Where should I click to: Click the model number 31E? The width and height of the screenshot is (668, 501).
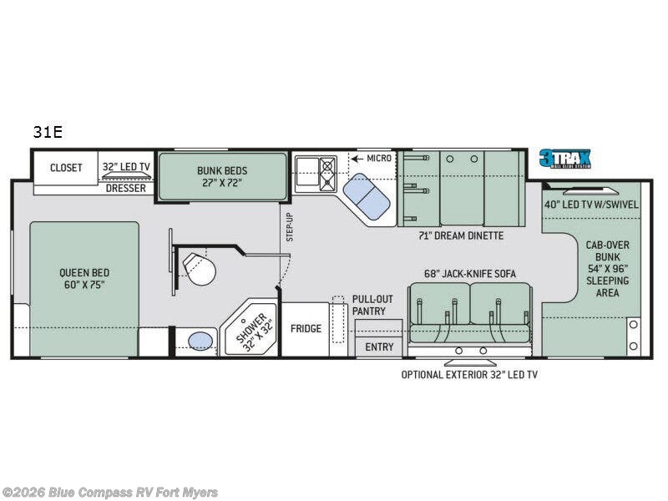[48, 132]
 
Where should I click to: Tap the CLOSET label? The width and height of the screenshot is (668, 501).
[66, 168]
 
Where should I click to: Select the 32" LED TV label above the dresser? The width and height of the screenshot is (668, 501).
[126, 167]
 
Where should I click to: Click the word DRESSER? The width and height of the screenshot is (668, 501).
[126, 188]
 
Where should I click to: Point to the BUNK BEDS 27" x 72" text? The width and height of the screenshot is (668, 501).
[222, 176]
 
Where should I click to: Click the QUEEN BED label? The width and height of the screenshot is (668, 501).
[83, 278]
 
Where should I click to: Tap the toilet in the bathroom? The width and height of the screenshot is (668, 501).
[198, 267]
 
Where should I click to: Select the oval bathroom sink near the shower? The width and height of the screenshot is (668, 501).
[200, 341]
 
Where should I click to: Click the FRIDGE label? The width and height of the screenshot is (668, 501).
[306, 328]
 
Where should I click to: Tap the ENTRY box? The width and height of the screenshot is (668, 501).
[379, 347]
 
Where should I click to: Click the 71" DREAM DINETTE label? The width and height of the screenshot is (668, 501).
[461, 235]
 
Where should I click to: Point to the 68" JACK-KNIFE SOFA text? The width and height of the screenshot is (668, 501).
[470, 274]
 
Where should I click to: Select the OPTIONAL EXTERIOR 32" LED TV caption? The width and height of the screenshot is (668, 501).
[469, 374]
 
